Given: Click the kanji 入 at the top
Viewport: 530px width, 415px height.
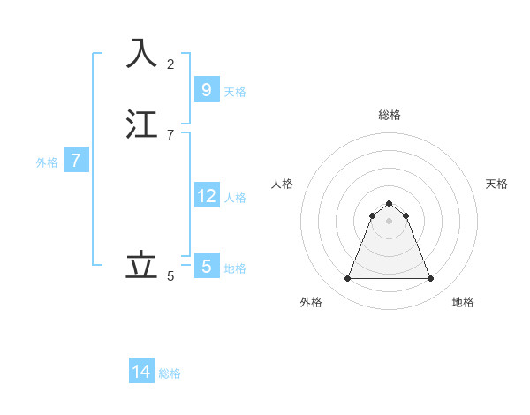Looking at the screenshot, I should [141, 53].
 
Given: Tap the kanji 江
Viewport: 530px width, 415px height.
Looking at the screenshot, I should [141, 124].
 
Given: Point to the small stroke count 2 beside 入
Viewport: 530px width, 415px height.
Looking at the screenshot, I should [170, 64].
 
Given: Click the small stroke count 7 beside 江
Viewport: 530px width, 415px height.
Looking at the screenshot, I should [170, 135].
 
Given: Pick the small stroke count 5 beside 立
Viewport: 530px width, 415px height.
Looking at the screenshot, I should [170, 276].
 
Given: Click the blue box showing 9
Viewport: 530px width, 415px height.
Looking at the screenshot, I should [206, 89].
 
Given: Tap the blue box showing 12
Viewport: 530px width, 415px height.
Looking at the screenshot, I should [206, 195].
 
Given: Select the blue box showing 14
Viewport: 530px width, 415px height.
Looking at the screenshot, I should [141, 372].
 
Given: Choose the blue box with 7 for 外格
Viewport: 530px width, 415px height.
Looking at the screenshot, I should [76, 161].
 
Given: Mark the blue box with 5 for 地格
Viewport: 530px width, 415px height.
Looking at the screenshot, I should [206, 266].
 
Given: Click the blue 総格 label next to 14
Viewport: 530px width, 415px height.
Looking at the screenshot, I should [170, 373].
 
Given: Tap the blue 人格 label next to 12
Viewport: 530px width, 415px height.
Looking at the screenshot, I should [235, 197].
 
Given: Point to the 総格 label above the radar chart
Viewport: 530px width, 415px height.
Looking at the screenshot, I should [390, 115].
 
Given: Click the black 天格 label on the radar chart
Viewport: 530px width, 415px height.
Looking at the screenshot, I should [496, 184].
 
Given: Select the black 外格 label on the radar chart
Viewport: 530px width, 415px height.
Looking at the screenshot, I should [311, 302].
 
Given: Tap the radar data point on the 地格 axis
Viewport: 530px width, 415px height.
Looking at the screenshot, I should [430, 279].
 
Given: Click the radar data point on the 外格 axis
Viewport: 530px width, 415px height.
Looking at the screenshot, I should [347, 279].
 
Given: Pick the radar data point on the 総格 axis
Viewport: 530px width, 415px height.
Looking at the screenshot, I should [389, 203].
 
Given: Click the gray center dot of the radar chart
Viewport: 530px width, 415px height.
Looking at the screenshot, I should [389, 221].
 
